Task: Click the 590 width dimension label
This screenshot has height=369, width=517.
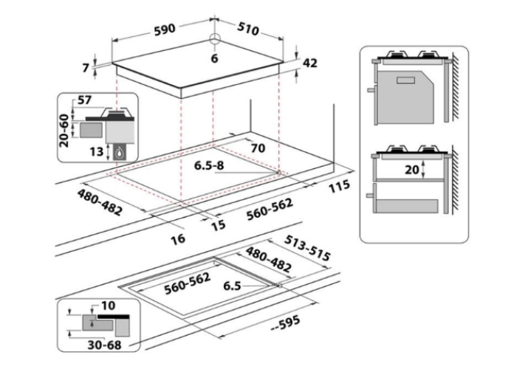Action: point(165,29)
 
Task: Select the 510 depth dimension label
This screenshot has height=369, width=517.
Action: point(248,29)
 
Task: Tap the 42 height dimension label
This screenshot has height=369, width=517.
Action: point(309,63)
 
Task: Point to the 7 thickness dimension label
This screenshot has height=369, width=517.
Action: point(86,68)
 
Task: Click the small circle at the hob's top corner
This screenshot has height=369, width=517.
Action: point(215,38)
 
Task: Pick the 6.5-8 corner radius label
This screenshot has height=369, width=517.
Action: point(209,165)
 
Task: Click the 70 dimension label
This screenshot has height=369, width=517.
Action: point(258,148)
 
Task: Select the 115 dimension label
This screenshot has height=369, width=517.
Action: point(339,186)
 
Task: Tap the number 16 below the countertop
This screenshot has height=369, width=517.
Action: point(178,239)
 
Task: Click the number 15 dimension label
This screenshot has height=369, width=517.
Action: point(219,225)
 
